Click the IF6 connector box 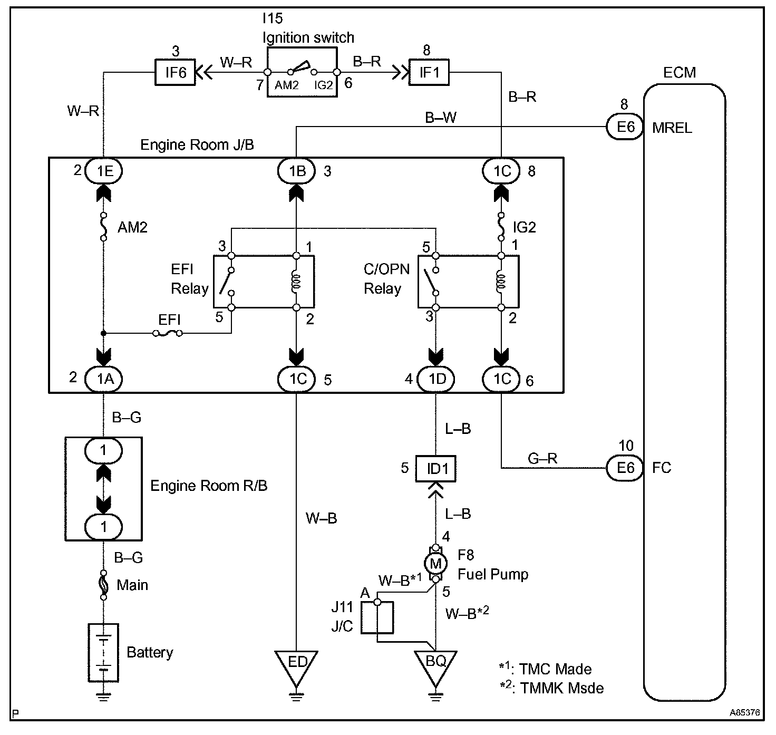pos(176,72)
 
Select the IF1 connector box pos(429,72)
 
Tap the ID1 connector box pos(436,468)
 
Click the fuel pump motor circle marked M pos(435,564)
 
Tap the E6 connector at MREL pos(625,127)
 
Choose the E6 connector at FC pos(625,468)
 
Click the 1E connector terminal pos(103,170)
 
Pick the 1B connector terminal pos(296,170)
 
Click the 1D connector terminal pos(435,379)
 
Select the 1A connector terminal pos(103,379)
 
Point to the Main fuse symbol pos(104,585)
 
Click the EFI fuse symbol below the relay pos(168,333)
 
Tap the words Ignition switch pos(308,38)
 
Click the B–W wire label pos(441,118)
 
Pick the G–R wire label pos(542,458)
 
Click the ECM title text pos(679,72)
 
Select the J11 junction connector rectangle pos(377,617)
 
